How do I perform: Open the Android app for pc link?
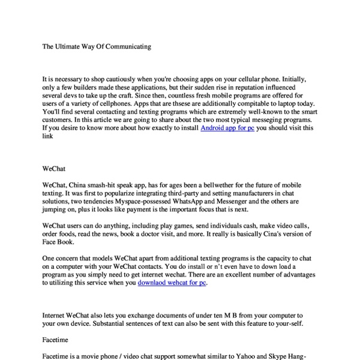(227, 128)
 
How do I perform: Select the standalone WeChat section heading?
(54, 170)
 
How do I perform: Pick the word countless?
(173, 95)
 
